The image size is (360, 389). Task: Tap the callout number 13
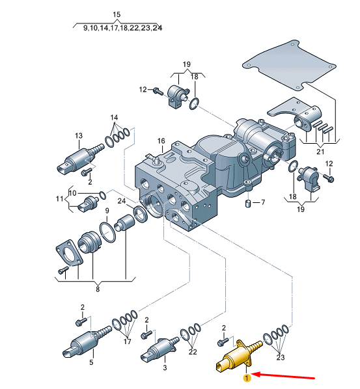(79, 136)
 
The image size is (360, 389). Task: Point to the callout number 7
(263, 203)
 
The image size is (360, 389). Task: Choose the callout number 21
(320, 152)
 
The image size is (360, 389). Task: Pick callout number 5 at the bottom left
(91, 363)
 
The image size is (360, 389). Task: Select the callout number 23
(281, 356)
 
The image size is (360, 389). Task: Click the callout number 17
(128, 341)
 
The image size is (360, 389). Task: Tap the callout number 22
(193, 352)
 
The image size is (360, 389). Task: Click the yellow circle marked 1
(247, 377)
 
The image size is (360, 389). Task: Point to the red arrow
(287, 376)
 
